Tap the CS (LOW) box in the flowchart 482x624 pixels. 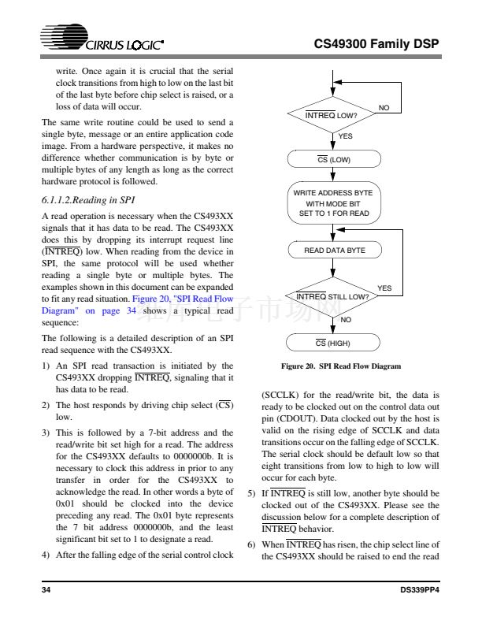click(334, 161)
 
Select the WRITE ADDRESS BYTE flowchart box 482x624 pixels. click(334, 204)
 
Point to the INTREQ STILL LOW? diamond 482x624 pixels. click(334, 296)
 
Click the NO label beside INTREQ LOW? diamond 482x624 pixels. click(384, 107)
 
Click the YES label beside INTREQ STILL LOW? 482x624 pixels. click(384, 288)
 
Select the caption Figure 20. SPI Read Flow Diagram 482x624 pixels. click(334, 366)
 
